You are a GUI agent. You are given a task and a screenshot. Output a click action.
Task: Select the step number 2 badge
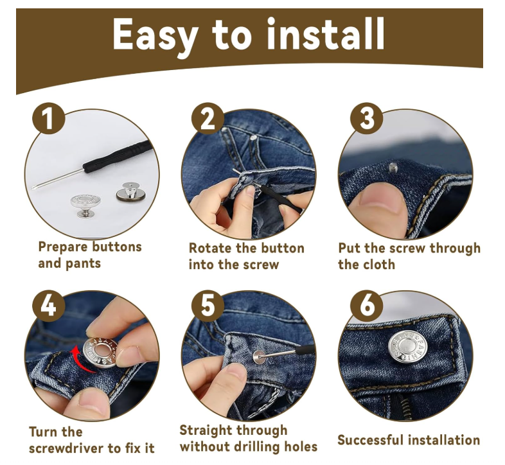(x=207, y=119)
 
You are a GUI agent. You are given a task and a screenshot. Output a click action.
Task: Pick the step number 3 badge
(x=367, y=119)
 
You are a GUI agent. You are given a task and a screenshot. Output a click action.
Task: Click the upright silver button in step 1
(x=86, y=206)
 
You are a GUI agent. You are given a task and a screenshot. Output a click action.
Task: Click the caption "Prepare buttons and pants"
(x=89, y=255)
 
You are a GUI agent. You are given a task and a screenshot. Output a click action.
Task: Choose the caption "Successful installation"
(x=409, y=440)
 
